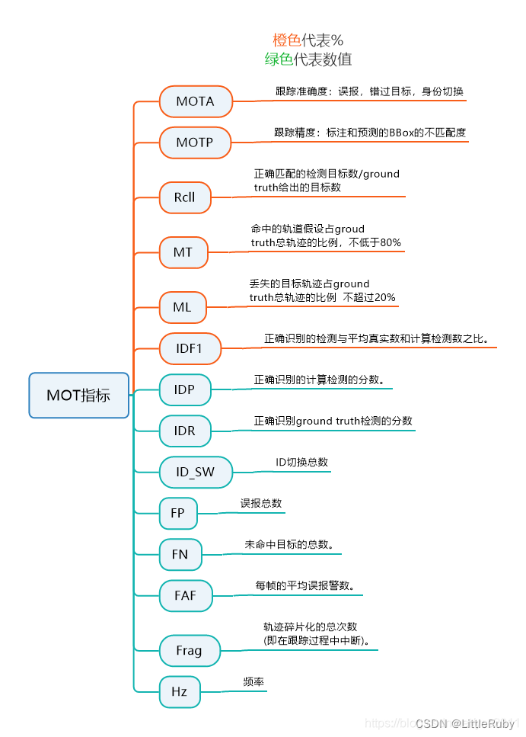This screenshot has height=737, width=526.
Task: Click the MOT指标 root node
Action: (78, 395)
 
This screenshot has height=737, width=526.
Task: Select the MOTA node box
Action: (196, 101)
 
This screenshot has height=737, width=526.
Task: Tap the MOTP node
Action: (195, 143)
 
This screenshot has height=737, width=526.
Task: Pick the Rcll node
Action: (184, 197)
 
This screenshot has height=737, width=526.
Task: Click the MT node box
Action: (183, 252)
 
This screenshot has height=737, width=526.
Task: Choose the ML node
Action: (182, 308)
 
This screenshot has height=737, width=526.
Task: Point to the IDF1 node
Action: (190, 349)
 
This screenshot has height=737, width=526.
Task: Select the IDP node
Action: (184, 390)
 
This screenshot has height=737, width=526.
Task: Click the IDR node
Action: (184, 431)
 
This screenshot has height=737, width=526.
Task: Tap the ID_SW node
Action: (196, 472)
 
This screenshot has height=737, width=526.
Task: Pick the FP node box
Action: (177, 513)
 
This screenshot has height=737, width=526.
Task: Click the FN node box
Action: (180, 554)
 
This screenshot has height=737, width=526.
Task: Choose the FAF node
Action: (185, 595)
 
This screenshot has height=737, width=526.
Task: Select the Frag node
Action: (189, 650)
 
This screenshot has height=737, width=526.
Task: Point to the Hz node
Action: (179, 692)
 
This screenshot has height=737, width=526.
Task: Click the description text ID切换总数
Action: (302, 462)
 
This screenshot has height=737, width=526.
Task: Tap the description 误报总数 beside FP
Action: (261, 503)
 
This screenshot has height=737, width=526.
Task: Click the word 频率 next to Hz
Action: (253, 682)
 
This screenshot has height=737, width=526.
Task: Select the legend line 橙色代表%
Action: (308, 40)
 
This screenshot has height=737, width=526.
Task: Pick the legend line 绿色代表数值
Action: (308, 59)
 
